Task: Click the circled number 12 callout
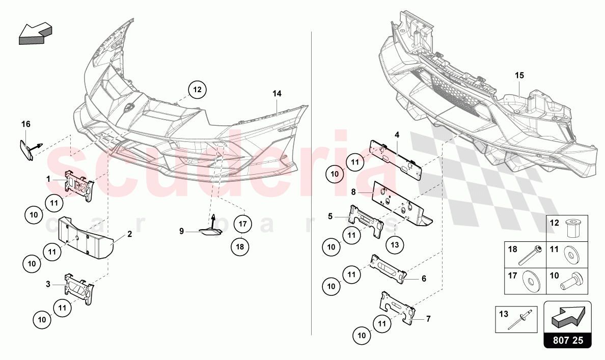click(x=197, y=90)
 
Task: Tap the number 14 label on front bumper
click(x=277, y=93)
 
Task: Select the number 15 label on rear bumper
click(x=519, y=75)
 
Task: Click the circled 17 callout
click(x=242, y=224)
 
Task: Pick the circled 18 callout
click(x=240, y=246)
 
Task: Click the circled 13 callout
click(x=395, y=244)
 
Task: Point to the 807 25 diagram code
click(x=568, y=340)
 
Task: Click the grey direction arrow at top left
click(x=35, y=34)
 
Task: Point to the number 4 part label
click(x=397, y=134)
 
